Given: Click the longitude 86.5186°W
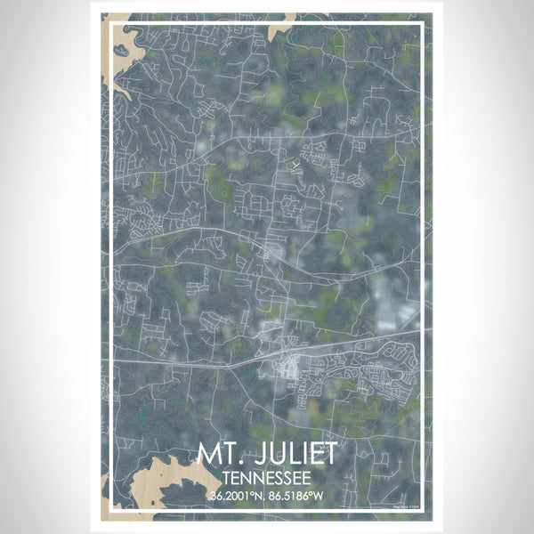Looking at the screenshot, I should click(x=297, y=495).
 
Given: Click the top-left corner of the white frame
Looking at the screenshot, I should click(x=109, y=21).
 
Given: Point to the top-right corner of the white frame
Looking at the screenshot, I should click(x=425, y=21).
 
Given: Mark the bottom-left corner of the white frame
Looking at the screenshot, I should click(x=109, y=513).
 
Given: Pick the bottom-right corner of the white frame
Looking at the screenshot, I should click(x=425, y=513).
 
